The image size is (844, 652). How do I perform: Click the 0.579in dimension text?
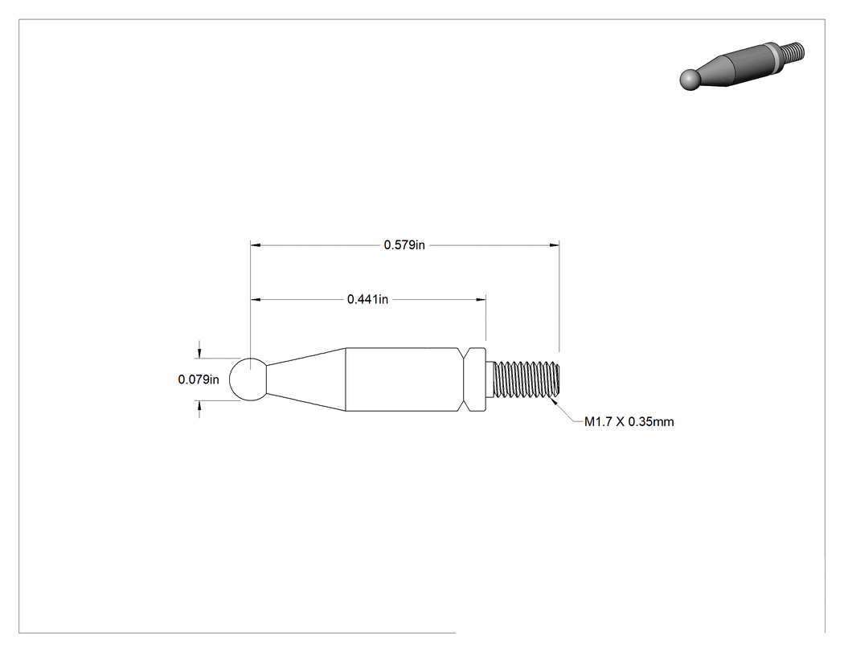click(404, 245)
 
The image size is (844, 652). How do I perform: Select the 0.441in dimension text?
click(367, 299)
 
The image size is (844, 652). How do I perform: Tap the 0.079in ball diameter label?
click(199, 379)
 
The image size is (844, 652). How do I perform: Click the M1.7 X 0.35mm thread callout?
click(629, 421)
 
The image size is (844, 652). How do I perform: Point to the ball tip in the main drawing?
click(248, 379)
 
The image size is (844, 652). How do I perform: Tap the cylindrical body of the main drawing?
click(404, 379)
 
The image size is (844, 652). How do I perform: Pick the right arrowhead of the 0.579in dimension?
click(555, 245)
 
